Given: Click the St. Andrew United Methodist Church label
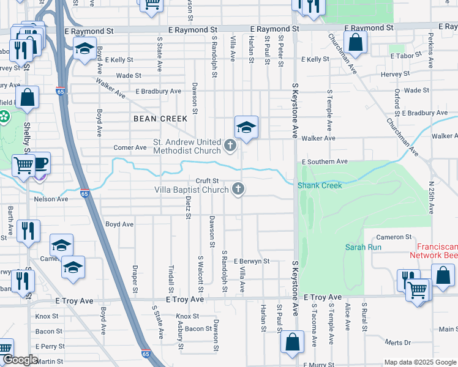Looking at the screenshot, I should point(186,146).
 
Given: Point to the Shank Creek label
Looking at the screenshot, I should point(318,185).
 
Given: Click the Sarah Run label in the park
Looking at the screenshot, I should point(364,248).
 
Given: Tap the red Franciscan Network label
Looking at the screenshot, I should point(434,250).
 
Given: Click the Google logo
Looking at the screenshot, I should point(20,360).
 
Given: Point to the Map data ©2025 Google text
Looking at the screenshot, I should point(420,362).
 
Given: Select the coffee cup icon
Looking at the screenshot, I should point(40,163).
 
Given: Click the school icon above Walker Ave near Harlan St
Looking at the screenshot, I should point(246,127).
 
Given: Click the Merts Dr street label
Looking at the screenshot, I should point(398,343).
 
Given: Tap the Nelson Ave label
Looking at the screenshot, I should point(51,199).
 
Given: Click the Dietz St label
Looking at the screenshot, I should point(188,206).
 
